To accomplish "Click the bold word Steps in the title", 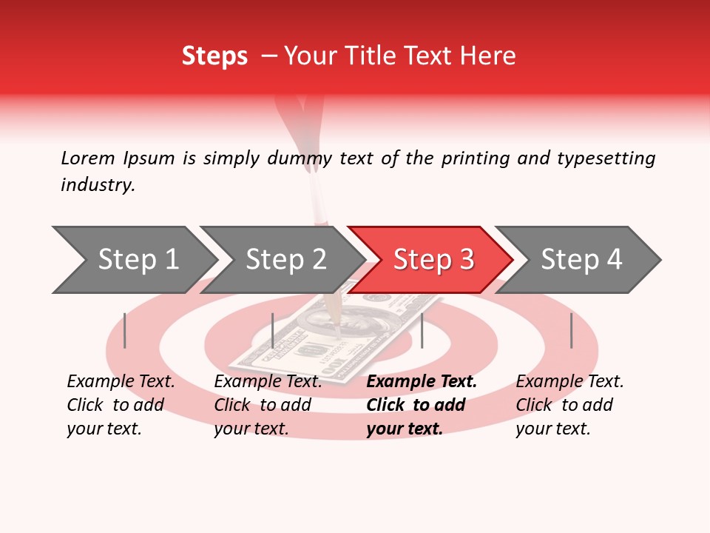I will coord(214,56).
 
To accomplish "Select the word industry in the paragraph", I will coord(97,185).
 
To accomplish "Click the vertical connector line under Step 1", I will coord(125,330).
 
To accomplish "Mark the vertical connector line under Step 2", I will coord(273,330).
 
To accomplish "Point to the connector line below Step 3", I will coord(422,330).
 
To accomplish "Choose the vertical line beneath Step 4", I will coord(571,330).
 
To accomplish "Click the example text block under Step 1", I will coord(121,405).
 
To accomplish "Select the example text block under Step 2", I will coord(268,405).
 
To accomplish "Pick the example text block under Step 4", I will coord(569,405).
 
